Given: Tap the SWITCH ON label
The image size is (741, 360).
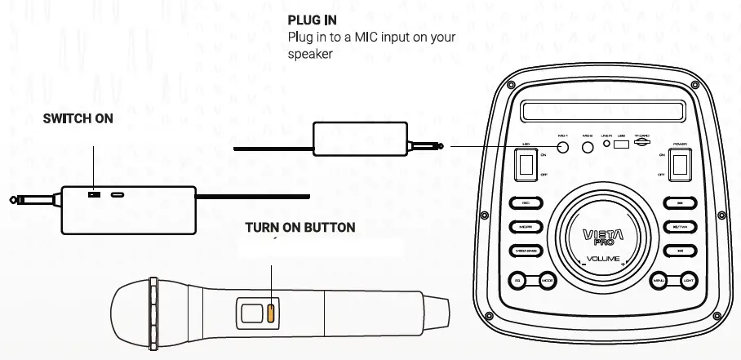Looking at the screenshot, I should [78, 119].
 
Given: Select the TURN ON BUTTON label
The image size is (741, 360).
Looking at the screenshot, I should [300, 227].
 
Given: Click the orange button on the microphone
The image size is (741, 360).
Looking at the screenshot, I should [270, 313].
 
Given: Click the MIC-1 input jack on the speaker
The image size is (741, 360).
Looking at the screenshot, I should [563, 147].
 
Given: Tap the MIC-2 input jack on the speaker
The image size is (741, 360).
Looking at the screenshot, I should [588, 147].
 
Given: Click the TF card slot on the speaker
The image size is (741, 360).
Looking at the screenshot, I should [642, 144].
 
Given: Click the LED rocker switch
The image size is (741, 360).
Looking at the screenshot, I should [527, 167].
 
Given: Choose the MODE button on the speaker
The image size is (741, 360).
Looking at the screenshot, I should [548, 282].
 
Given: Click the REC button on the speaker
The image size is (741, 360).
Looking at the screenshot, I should [526, 203].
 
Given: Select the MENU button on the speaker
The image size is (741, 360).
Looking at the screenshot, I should [660, 282].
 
